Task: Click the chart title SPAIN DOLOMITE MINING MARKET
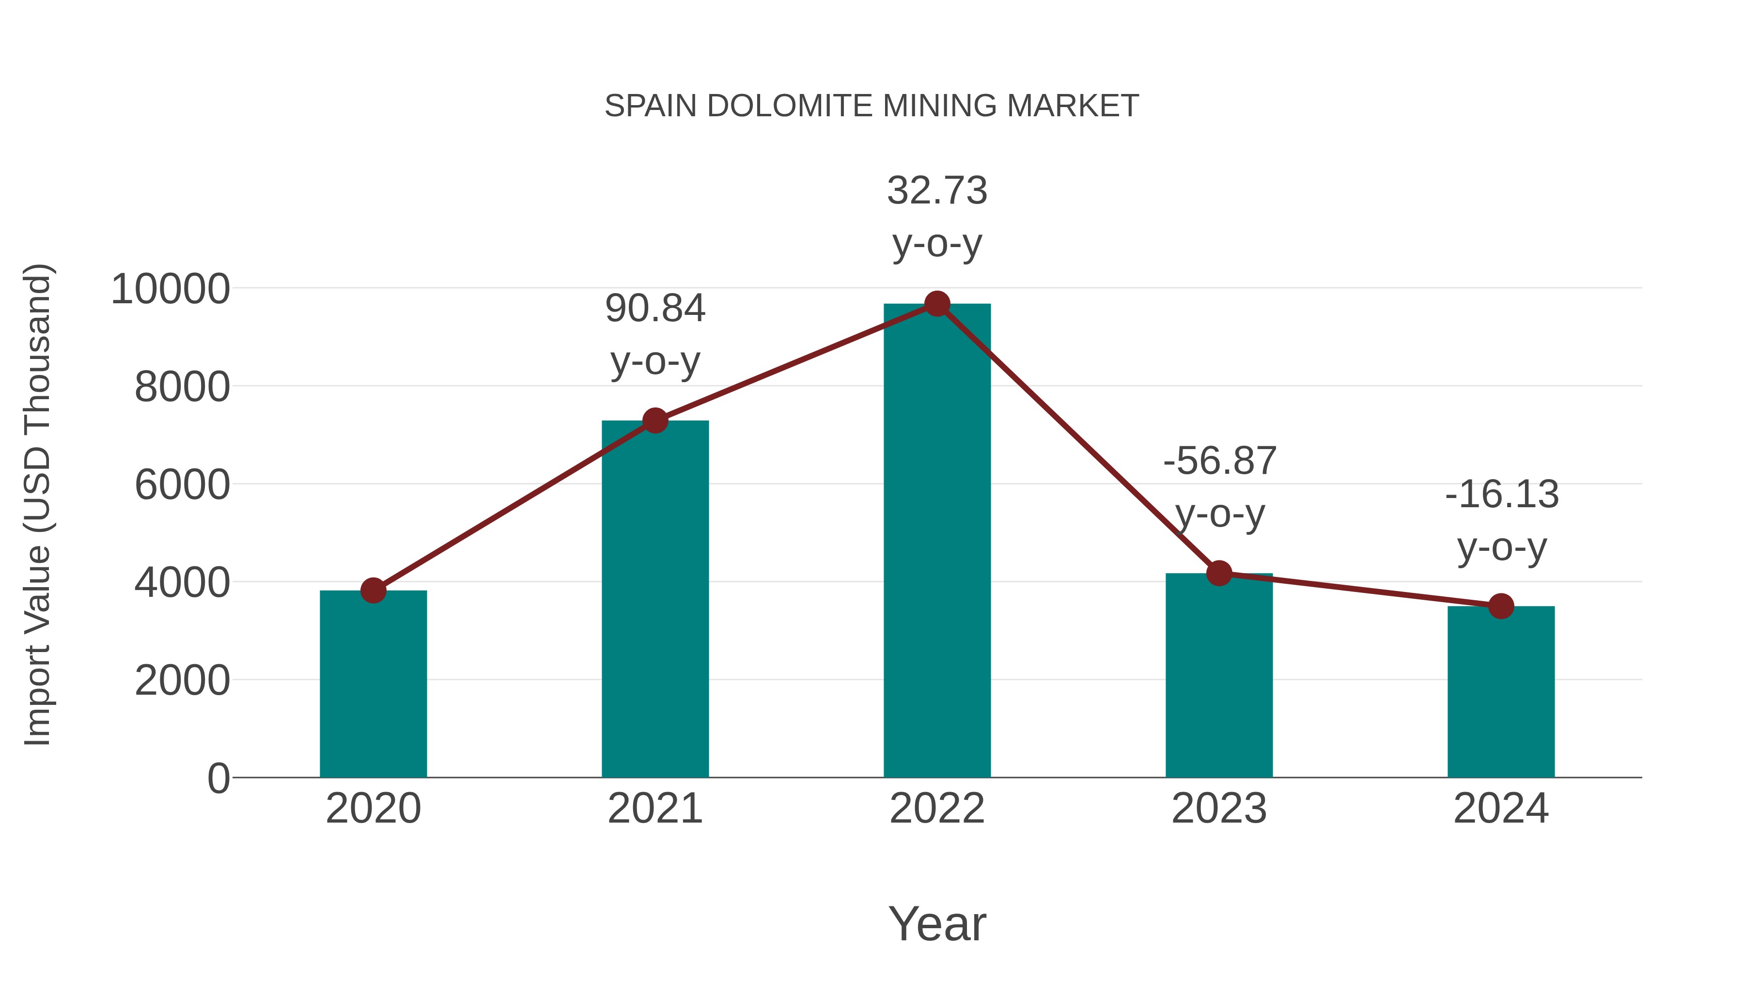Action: (872, 106)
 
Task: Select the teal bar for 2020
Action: (373, 684)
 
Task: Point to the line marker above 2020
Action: (373, 591)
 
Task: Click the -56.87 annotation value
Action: (1219, 461)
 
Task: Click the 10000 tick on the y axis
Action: (171, 289)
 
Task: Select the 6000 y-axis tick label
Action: (182, 485)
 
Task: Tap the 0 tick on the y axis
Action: (218, 778)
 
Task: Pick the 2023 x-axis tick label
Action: (1219, 809)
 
